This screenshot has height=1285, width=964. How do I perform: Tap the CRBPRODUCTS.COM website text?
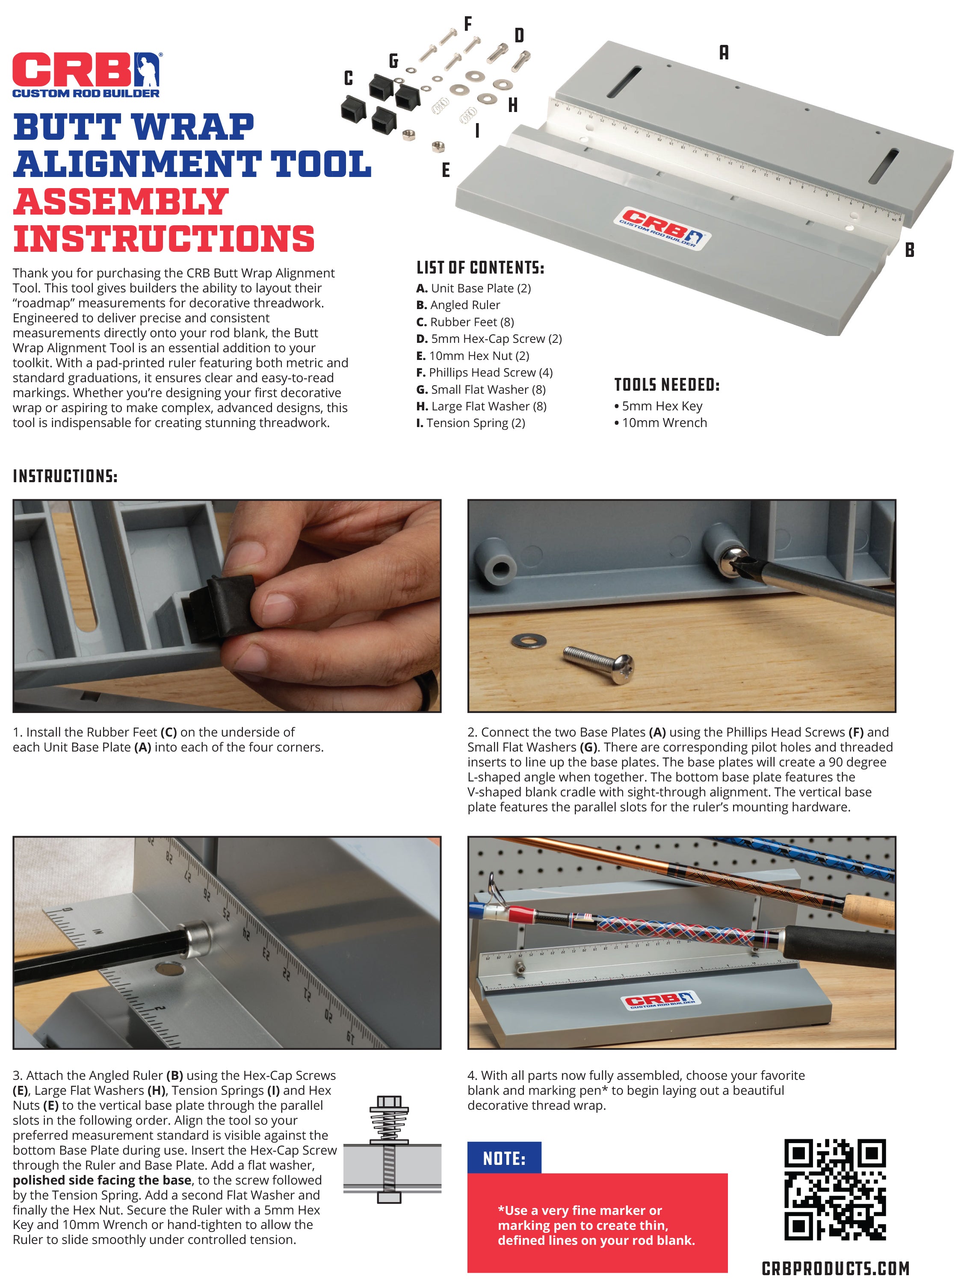click(835, 1268)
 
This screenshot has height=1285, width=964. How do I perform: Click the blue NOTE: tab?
click(504, 1159)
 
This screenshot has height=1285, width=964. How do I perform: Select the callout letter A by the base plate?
click(724, 53)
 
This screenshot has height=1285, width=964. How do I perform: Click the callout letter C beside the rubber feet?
click(348, 78)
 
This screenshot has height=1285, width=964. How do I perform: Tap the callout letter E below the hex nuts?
click(446, 170)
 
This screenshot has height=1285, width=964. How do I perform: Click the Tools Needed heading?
click(666, 385)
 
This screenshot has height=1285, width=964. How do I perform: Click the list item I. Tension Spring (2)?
click(471, 423)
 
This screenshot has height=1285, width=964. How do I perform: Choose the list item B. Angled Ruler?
click(458, 305)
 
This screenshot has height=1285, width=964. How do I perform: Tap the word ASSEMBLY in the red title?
click(121, 202)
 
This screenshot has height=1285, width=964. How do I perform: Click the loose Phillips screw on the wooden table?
click(598, 663)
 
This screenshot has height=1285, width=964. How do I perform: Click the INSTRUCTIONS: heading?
click(65, 476)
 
